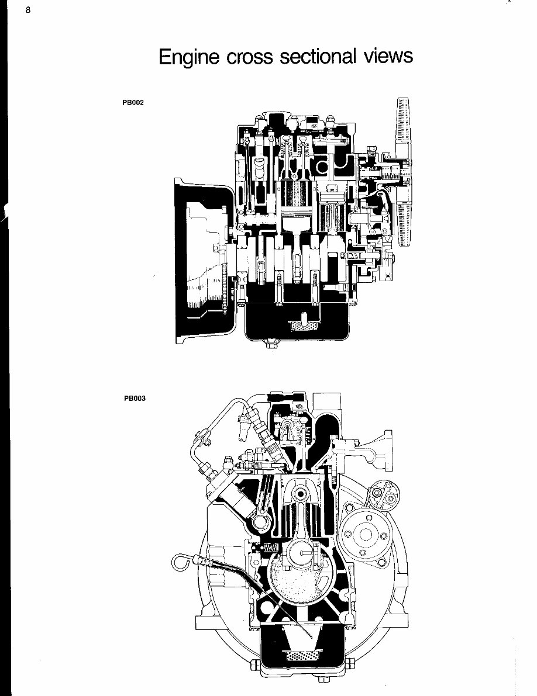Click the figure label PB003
pyautogui.click(x=134, y=399)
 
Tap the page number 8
pyautogui.click(x=27, y=10)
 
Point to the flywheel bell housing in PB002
pyautogui.click(x=202, y=263)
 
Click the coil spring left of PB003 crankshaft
pyautogui.click(x=270, y=548)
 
